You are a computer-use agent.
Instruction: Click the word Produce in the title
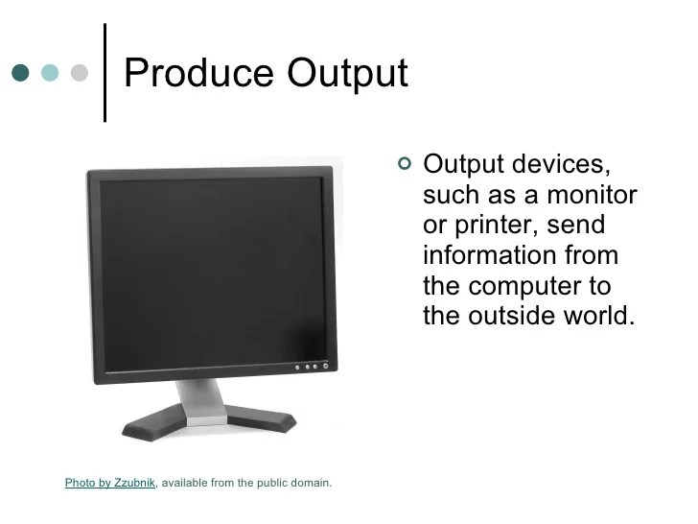click(184, 74)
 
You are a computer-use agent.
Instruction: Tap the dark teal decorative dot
click(21, 73)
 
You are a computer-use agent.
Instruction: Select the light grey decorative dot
click(80, 73)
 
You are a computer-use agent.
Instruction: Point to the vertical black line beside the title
click(104, 72)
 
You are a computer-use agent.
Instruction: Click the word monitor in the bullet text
click(592, 195)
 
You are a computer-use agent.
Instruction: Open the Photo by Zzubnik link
click(109, 483)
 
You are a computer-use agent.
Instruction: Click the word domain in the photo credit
click(309, 483)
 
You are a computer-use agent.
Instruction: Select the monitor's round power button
click(327, 367)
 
